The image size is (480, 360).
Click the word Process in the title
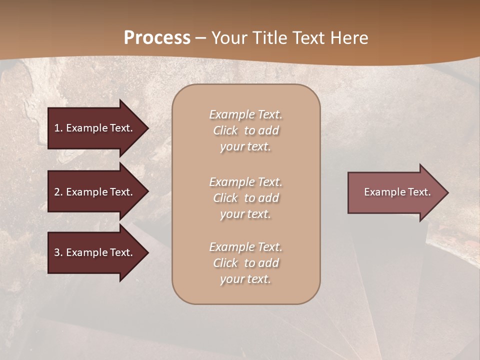[x=157, y=38]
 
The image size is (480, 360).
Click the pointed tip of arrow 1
[x=147, y=128]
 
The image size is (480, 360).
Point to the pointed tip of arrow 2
[x=147, y=192]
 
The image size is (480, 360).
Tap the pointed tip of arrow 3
[x=147, y=252]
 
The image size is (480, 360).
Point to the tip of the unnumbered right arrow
[x=447, y=192]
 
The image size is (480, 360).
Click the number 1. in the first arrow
[x=58, y=128]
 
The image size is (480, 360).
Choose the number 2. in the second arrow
[x=58, y=192]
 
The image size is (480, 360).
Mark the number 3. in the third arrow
[x=58, y=252]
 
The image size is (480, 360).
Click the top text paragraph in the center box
[x=245, y=130]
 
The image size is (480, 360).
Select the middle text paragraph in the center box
[x=245, y=198]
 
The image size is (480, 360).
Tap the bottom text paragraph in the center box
[x=245, y=263]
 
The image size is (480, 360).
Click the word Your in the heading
[x=229, y=38]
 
